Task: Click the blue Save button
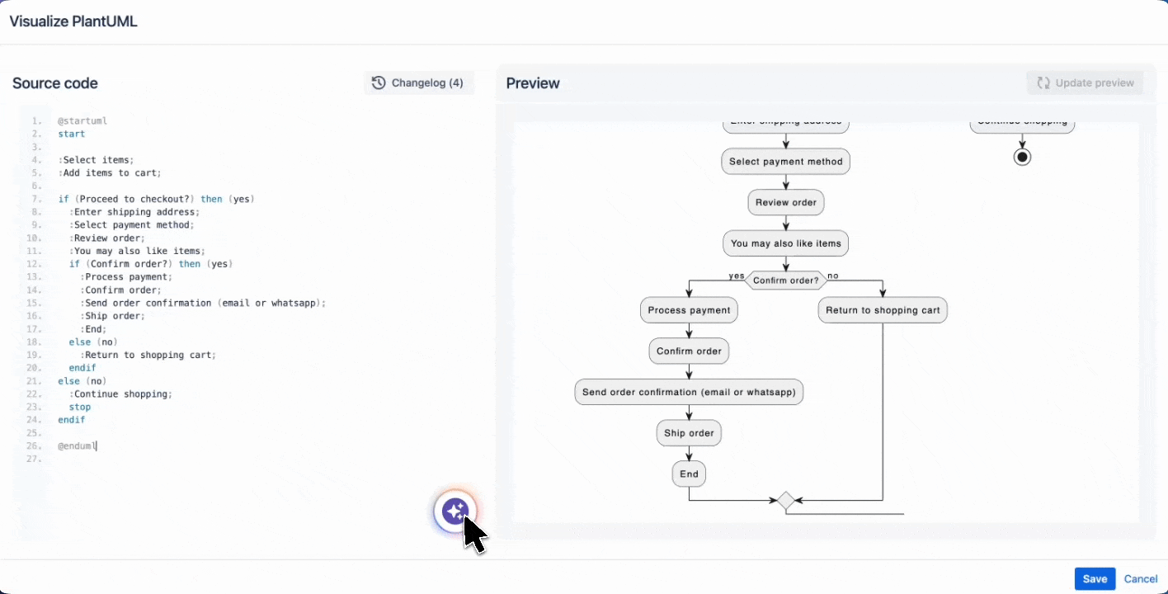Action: pos(1095,579)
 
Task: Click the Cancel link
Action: pos(1141,579)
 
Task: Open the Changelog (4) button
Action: pos(418,82)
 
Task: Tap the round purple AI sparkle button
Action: pos(454,511)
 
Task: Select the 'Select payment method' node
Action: pos(785,162)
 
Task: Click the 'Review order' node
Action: pos(785,203)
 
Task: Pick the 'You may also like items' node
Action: pos(785,243)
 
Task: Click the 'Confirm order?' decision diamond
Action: pos(785,280)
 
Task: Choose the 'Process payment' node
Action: pos(689,310)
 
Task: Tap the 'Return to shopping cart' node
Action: pos(883,310)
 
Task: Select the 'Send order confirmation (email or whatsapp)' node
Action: pos(689,392)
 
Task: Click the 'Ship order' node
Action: pos(689,433)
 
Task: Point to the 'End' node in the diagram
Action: pos(689,474)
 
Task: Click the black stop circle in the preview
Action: pos(1022,157)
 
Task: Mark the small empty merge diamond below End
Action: pos(785,500)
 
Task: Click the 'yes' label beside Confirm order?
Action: pos(736,276)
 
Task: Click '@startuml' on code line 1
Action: pos(82,121)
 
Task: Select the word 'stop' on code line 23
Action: pos(80,408)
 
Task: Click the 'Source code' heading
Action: pos(55,83)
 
